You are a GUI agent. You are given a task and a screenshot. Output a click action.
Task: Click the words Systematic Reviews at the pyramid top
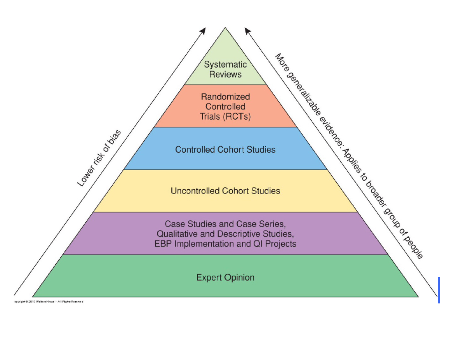(x=225, y=69)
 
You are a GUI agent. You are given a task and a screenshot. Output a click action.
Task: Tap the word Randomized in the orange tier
(x=225, y=97)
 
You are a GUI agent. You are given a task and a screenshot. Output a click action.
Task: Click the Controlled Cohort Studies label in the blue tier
(x=225, y=150)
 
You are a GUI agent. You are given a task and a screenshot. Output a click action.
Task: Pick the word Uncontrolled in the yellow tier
(x=195, y=191)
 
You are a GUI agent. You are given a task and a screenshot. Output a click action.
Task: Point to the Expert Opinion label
(x=225, y=277)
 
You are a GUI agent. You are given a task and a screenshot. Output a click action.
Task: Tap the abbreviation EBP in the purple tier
(x=163, y=244)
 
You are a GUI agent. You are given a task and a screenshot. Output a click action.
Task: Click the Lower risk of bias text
(x=99, y=158)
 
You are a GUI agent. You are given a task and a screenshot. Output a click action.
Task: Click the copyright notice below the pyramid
(x=48, y=302)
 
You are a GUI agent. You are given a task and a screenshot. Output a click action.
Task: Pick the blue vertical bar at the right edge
(x=438, y=290)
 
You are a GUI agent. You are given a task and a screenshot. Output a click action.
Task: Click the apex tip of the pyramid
(x=225, y=28)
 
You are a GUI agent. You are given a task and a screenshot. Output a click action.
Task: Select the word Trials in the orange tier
(x=210, y=116)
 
